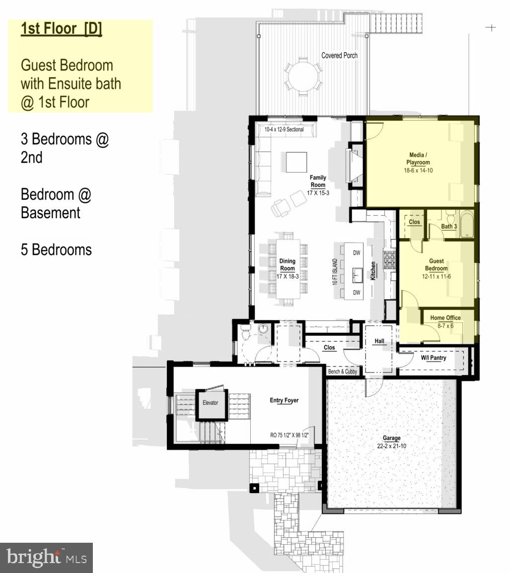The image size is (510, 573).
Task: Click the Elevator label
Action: pyautogui.click(x=210, y=402)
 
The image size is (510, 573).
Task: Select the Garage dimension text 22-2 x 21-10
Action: pyautogui.click(x=392, y=446)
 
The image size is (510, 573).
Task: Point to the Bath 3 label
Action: pyautogui.click(x=449, y=226)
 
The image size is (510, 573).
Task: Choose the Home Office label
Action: pyautogui.click(x=445, y=318)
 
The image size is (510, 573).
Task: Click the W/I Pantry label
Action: pyautogui.click(x=434, y=358)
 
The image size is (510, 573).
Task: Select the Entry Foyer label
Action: pyautogui.click(x=284, y=400)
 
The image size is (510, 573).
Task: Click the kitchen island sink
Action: pyautogui.click(x=357, y=272)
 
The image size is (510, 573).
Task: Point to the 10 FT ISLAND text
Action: pyautogui.click(x=335, y=272)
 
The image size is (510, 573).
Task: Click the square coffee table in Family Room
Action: pyautogui.click(x=296, y=162)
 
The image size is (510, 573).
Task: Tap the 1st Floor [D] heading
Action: pyautogui.click(x=61, y=29)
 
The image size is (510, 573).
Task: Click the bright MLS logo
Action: pyautogui.click(x=46, y=558)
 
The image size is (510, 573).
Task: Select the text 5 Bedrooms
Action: pyautogui.click(x=56, y=249)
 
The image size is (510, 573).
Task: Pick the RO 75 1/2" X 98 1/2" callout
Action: pyautogui.click(x=290, y=435)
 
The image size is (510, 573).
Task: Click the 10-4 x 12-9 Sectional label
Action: pyautogui.click(x=284, y=129)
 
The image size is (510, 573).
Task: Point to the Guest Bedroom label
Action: pyautogui.click(x=436, y=264)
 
